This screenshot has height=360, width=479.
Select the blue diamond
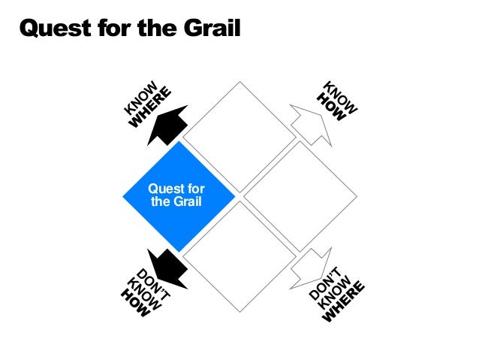pos(179,196)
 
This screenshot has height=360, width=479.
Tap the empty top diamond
pos(239,138)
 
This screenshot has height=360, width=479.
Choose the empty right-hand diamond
pos(298,196)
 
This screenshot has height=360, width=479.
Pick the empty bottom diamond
pos(239,256)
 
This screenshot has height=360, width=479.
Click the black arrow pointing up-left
pos(168,125)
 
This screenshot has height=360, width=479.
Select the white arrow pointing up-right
pos(309,124)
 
